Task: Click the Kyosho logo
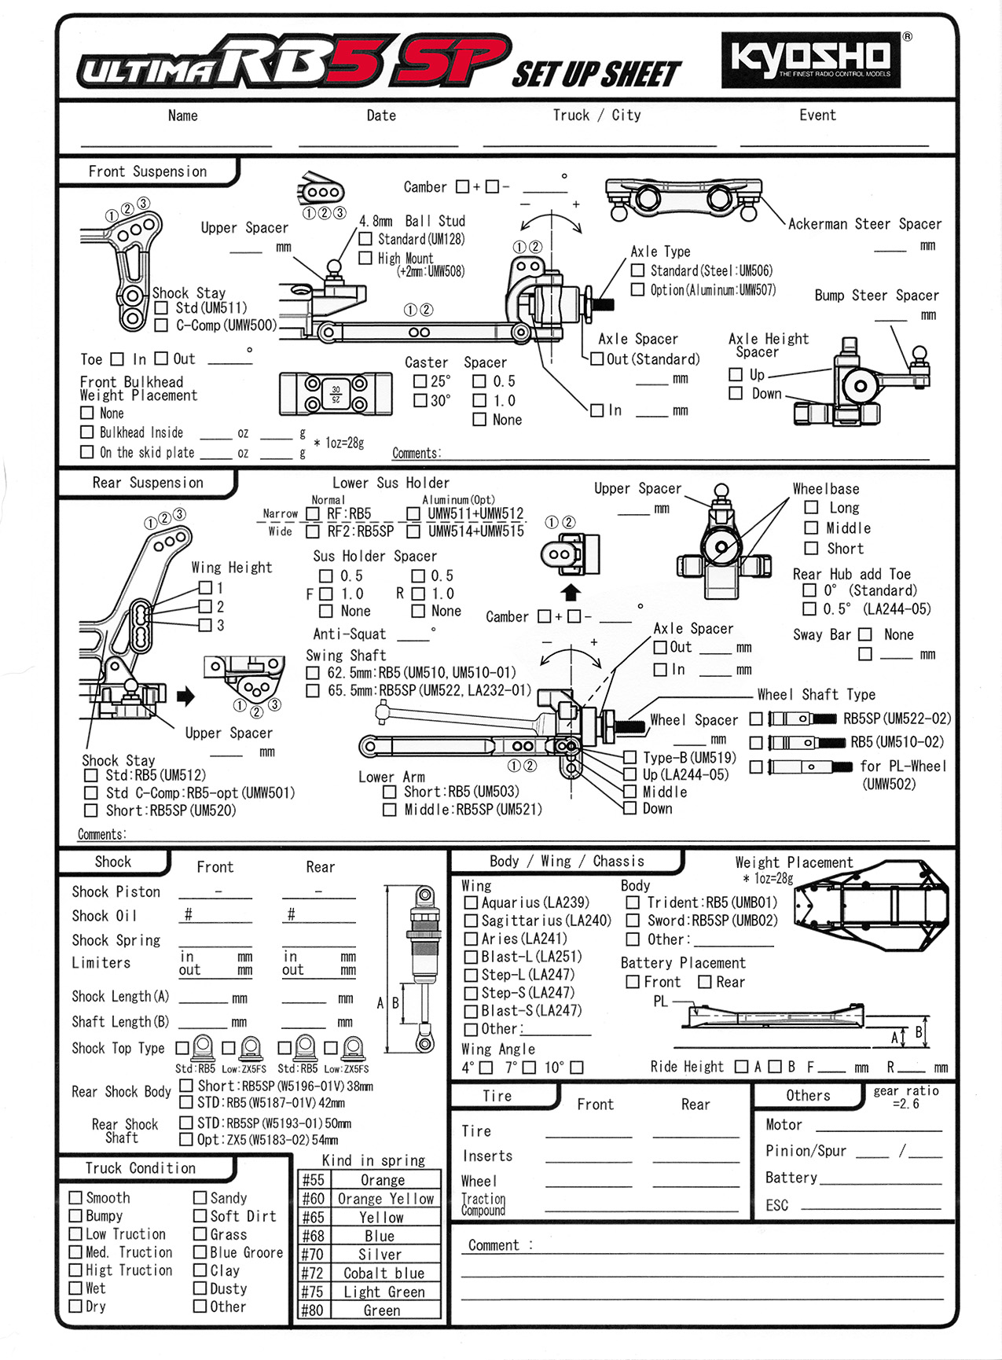point(810,59)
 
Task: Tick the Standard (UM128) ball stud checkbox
point(365,239)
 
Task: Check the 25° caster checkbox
point(420,381)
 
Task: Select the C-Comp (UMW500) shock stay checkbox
point(162,325)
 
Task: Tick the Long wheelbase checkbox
point(812,508)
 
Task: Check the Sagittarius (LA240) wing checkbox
point(471,921)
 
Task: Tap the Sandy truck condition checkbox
point(200,1198)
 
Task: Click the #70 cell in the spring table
point(313,1255)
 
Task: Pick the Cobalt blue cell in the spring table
point(384,1273)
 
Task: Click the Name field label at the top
point(182,116)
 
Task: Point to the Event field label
point(817,116)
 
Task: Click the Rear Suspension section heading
point(148,483)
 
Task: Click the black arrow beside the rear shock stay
point(185,696)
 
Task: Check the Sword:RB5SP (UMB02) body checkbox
point(633,921)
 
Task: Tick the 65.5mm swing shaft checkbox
point(313,691)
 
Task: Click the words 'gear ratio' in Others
point(905,1091)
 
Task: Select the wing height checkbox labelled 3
point(206,625)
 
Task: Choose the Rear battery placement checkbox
point(704,982)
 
